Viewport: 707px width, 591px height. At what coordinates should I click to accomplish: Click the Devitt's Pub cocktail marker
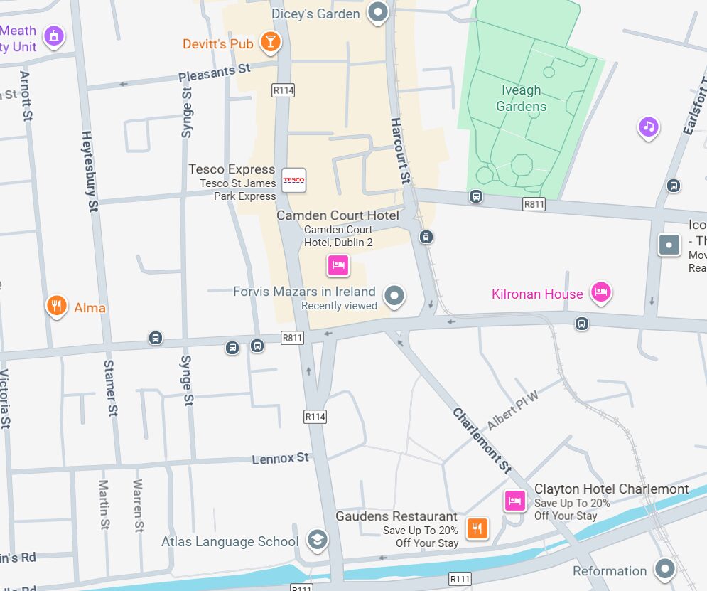pos(270,42)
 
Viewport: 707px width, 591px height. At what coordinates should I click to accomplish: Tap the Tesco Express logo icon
pos(293,180)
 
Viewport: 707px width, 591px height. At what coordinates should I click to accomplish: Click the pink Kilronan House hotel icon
pos(601,292)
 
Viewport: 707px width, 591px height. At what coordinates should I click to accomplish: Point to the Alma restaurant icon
pos(57,306)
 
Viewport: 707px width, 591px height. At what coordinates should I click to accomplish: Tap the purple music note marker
pos(648,127)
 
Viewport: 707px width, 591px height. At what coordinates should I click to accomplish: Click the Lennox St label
pos(281,458)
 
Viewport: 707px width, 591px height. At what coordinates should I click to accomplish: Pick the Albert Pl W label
pos(513,410)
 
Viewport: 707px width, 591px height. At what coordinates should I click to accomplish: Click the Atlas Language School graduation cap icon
pos(317,540)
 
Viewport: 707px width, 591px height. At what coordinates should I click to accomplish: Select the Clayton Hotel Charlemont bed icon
pos(514,500)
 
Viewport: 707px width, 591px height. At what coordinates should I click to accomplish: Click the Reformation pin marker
pos(665,568)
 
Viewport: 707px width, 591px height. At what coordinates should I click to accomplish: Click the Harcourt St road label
pos(401,149)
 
